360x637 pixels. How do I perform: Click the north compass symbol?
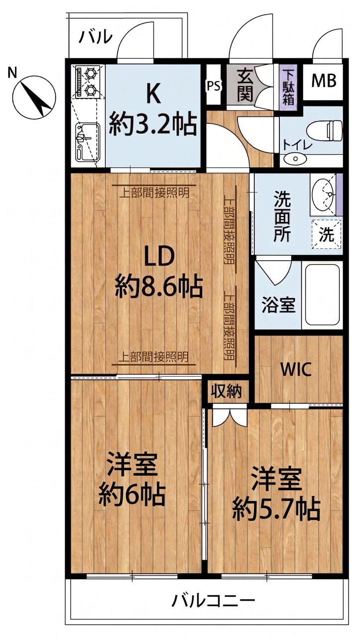coord(34,97)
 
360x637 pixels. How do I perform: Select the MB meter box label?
coord(324,81)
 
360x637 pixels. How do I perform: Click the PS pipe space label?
coord(214,86)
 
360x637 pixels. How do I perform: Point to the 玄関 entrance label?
coord(245,85)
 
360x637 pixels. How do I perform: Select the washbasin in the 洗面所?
coord(323,194)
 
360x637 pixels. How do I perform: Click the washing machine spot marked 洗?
coord(327,234)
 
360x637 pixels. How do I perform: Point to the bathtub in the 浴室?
coord(323,296)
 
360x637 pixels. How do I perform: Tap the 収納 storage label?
coord(227,392)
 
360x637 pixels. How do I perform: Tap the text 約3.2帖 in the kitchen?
coord(153,124)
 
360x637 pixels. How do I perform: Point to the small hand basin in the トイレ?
coord(295,158)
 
